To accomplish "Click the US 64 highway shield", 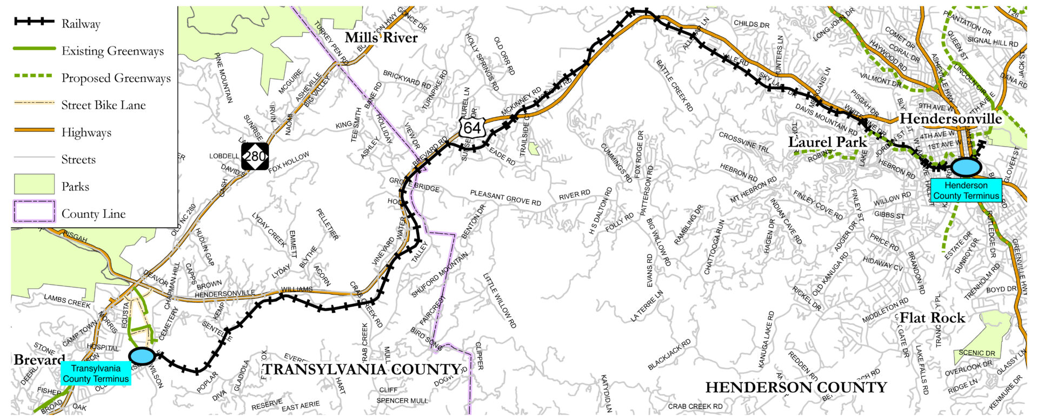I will coord(471,128).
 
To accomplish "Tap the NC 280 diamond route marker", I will coord(255,156).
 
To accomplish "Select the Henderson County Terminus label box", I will coord(966,191).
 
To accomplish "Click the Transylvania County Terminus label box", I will coord(96,374).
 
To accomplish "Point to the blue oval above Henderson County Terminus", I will coord(966,166).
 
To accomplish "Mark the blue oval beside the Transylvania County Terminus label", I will coord(142,356).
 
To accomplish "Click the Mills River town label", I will coord(381,38).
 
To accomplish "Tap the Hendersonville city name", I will coord(950,119).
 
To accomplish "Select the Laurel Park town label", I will coord(827,142).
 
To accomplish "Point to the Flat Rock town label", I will coord(932,318).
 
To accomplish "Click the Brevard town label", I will coord(39,360).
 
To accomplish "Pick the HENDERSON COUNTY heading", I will coord(796,387).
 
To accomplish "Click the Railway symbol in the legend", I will coord(34,22).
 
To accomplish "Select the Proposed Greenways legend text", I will coord(116,78).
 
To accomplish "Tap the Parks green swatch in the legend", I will coord(34,184).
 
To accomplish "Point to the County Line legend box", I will coord(34,211).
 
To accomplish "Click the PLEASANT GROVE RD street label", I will coord(505,198).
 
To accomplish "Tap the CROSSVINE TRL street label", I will coord(744,142).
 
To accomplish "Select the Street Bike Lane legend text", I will coord(103,105).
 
